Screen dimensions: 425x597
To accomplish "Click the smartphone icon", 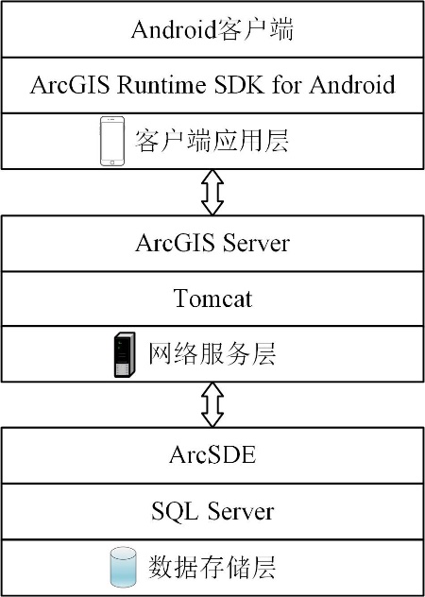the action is coord(112,142).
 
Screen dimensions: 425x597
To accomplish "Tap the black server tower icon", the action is coord(125,355).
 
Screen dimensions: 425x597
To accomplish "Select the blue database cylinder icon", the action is coord(123,567).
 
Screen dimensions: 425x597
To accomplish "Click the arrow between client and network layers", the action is coord(212,193).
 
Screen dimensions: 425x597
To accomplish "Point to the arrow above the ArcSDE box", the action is coord(212,404).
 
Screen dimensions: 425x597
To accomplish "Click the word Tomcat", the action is coord(212,298).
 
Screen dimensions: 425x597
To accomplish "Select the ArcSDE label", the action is coord(212,455).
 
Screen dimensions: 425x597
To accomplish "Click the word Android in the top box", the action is coord(174,29).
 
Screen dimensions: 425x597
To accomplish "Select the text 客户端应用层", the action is coord(212,142).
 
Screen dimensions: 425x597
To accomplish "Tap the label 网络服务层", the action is coord(212,355).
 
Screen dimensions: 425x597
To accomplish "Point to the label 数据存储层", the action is coord(212,568).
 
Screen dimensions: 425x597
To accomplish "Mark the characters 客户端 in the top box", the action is coord(255,29).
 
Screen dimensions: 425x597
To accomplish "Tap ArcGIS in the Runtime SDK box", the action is coord(70,85).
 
